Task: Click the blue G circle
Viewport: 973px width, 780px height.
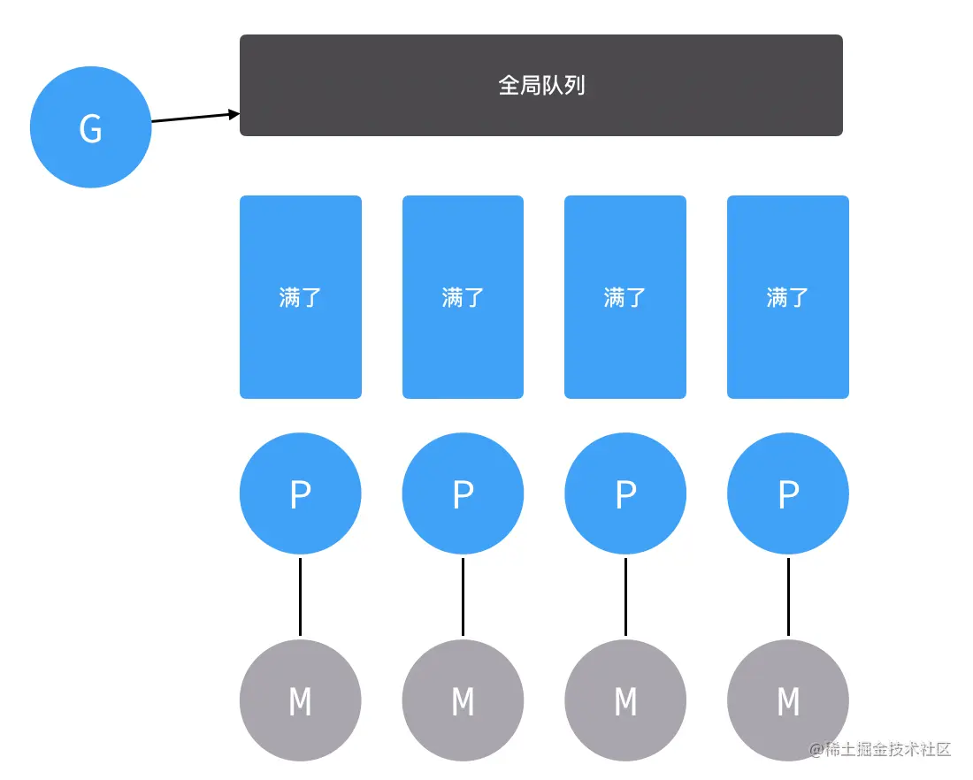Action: pyautogui.click(x=90, y=127)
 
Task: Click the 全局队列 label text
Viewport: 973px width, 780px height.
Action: pyautogui.click(x=541, y=85)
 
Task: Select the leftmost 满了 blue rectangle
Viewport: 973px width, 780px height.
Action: pyautogui.click(x=301, y=297)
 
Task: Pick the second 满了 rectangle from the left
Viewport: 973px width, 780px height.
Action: pyautogui.click(x=463, y=297)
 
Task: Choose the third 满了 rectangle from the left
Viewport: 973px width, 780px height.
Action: pyautogui.click(x=625, y=297)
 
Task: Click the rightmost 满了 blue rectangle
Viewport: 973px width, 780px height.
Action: pyautogui.click(x=788, y=297)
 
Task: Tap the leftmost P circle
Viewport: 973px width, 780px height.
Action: pyautogui.click(x=301, y=493)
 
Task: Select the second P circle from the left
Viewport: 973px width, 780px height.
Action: pyautogui.click(x=463, y=493)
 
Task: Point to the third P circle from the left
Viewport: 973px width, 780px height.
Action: pyautogui.click(x=625, y=493)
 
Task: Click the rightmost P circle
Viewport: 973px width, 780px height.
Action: pyautogui.click(x=788, y=493)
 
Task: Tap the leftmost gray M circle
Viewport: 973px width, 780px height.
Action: pyautogui.click(x=301, y=700)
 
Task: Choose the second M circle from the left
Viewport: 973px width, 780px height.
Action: pyautogui.click(x=463, y=700)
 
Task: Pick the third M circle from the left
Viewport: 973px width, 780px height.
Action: pyautogui.click(x=625, y=700)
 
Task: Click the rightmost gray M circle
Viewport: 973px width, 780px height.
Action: pyautogui.click(x=788, y=700)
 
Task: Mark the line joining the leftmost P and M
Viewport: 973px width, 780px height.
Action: pyautogui.click(x=301, y=597)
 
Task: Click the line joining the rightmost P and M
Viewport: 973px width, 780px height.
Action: pyautogui.click(x=788, y=597)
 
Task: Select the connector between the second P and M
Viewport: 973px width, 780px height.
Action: pyautogui.click(x=463, y=597)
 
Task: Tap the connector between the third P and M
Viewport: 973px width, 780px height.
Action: pyautogui.click(x=625, y=597)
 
